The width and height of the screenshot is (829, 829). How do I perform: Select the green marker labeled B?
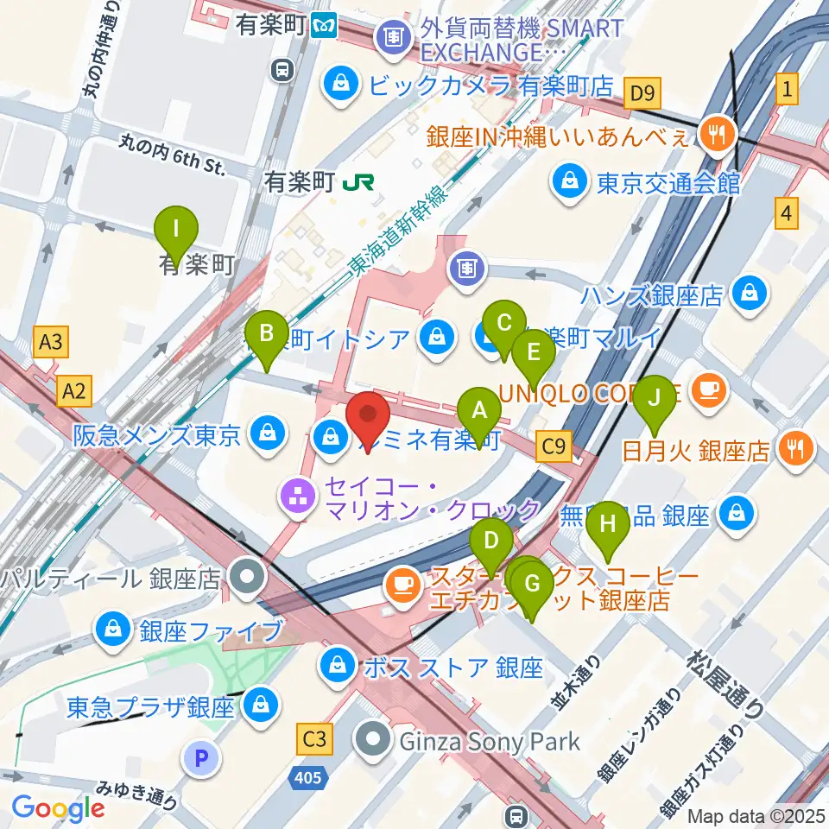tap(267, 332)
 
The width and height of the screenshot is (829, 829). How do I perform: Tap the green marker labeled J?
tap(655, 398)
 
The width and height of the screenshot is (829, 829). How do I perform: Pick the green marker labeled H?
tap(608, 523)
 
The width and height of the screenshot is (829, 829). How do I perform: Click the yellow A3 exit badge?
tap(51, 342)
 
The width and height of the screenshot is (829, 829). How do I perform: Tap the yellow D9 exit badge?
tap(643, 90)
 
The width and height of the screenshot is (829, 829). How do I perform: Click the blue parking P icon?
tap(201, 759)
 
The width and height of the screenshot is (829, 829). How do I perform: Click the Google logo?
tap(58, 809)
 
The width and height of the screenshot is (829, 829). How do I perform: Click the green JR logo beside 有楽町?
tap(358, 182)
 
